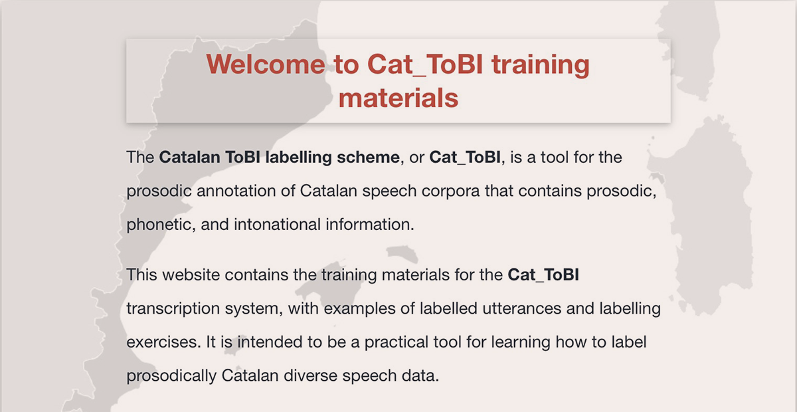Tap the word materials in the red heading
coord(398,98)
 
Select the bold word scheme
coord(368,157)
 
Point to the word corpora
coord(450,191)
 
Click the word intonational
coord(277,225)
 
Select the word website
coord(191,274)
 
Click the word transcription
coord(173,309)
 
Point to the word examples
coord(359,309)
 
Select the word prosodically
coord(171,376)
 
